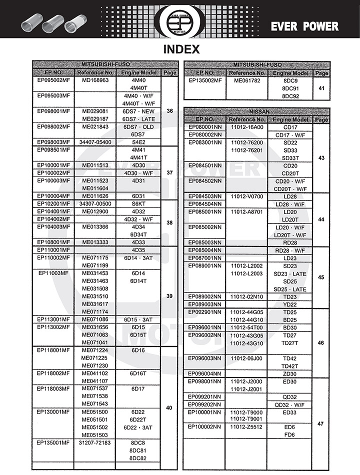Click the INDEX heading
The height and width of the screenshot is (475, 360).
(x=181, y=49)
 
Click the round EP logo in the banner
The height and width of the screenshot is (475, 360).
(x=179, y=19)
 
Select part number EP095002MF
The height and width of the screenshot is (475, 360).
(x=53, y=80)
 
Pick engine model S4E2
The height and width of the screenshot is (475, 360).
(x=138, y=142)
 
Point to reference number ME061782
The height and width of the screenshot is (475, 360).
(x=247, y=80)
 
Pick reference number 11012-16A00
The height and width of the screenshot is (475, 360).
(x=247, y=127)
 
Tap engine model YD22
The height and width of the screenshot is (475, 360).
(x=290, y=304)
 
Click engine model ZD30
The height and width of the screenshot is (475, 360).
(x=290, y=373)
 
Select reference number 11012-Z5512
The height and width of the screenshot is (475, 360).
(x=247, y=427)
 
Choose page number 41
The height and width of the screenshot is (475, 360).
(x=321, y=88)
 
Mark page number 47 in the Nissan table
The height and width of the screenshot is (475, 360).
(x=321, y=423)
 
